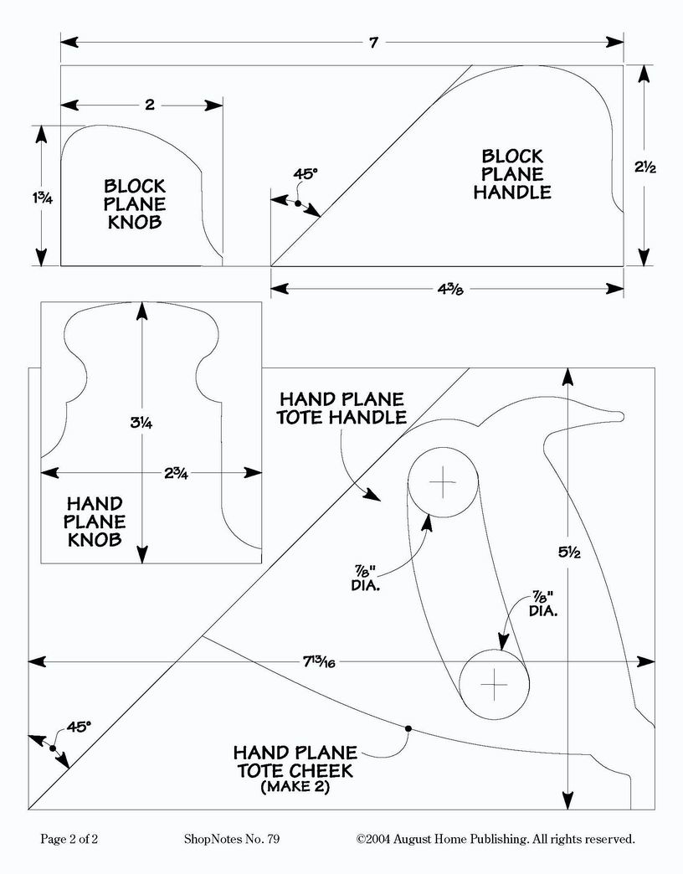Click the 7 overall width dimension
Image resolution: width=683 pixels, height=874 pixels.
click(x=373, y=43)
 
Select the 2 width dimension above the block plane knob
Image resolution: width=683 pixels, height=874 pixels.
click(x=149, y=105)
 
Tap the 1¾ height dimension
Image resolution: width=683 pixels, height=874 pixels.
click(x=42, y=198)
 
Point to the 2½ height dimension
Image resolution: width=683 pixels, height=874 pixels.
click(x=645, y=167)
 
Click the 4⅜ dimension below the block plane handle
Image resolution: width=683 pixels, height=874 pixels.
click(x=450, y=290)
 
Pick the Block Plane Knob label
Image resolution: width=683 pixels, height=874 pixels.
click(x=135, y=203)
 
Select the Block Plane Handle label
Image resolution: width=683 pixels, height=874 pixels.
click(x=512, y=174)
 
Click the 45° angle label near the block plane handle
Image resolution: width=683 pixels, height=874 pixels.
click(x=306, y=174)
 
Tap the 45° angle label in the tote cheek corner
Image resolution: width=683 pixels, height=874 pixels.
click(x=79, y=727)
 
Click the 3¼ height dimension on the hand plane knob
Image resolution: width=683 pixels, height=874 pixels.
click(x=141, y=423)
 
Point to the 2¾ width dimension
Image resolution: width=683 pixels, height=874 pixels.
click(x=176, y=473)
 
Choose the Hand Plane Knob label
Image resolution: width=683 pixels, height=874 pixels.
click(x=95, y=522)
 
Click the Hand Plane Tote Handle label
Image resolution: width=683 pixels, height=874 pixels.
click(x=342, y=408)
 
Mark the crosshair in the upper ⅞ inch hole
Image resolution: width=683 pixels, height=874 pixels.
click(x=443, y=482)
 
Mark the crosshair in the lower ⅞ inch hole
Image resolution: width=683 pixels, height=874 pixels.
click(x=494, y=684)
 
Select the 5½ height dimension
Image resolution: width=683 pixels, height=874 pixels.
click(x=569, y=553)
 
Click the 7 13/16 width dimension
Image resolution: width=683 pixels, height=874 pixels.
click(x=319, y=661)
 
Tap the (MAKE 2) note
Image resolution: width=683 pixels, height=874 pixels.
click(x=295, y=787)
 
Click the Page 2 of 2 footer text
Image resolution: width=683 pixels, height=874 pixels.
click(x=69, y=839)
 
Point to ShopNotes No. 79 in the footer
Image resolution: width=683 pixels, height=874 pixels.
click(x=232, y=839)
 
